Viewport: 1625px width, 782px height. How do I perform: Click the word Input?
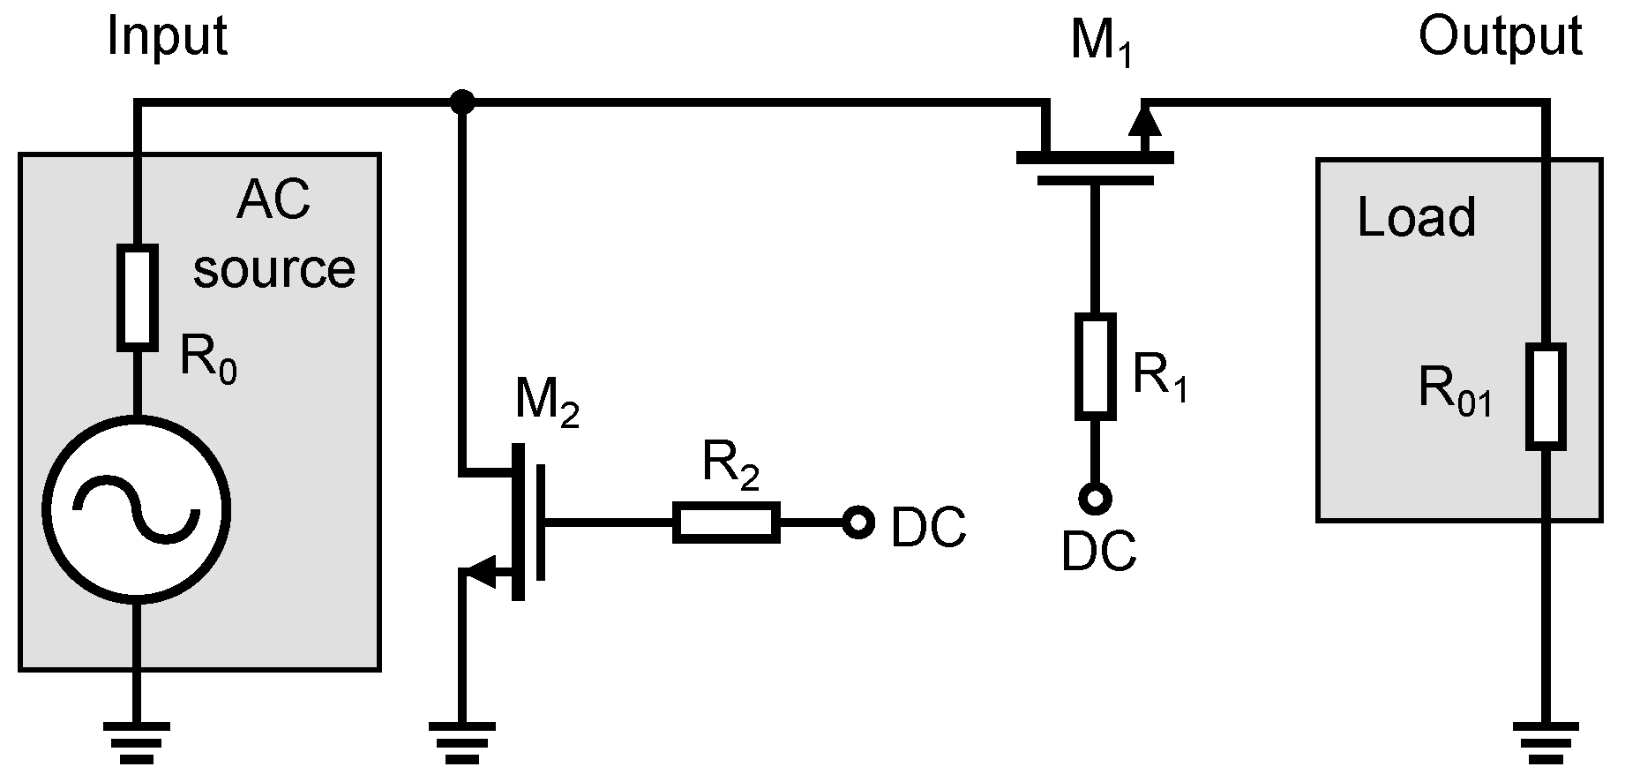coord(167,38)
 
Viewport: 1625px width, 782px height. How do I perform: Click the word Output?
coord(1500,38)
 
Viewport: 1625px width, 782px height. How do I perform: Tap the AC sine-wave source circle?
coord(137,509)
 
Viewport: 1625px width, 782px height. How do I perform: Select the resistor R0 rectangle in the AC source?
coord(137,297)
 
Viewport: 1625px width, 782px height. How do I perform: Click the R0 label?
coord(208,359)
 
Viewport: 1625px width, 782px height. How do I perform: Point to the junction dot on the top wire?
coord(461,102)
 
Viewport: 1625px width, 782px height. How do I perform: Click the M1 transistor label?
coord(1100,41)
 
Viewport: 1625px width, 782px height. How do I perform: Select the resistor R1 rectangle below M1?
coord(1095,365)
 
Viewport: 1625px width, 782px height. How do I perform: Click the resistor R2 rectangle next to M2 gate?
coord(726,522)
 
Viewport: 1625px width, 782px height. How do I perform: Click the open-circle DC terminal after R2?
coord(857,523)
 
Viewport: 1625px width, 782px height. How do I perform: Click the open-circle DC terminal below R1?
coord(1095,500)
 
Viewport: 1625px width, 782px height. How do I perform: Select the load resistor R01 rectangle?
coord(1546,395)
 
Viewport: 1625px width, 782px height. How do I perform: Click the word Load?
coord(1415,217)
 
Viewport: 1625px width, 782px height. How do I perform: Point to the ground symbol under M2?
coord(461,739)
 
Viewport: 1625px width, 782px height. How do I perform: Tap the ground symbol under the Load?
coord(1546,739)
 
